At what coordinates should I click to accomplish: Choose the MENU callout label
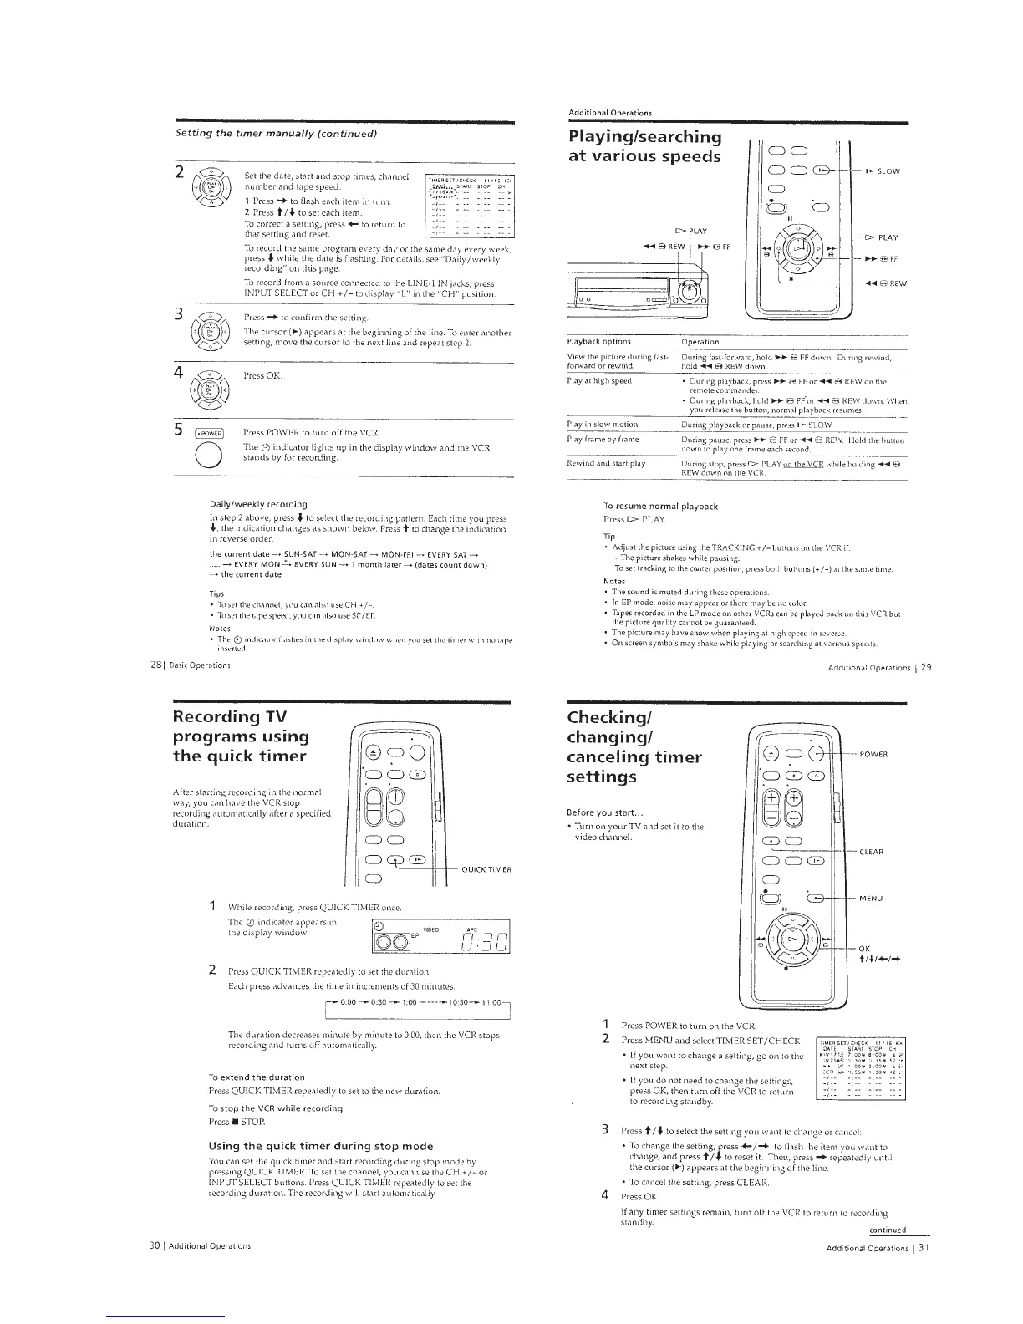coord(874,899)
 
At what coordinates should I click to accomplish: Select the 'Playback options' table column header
coord(598,341)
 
